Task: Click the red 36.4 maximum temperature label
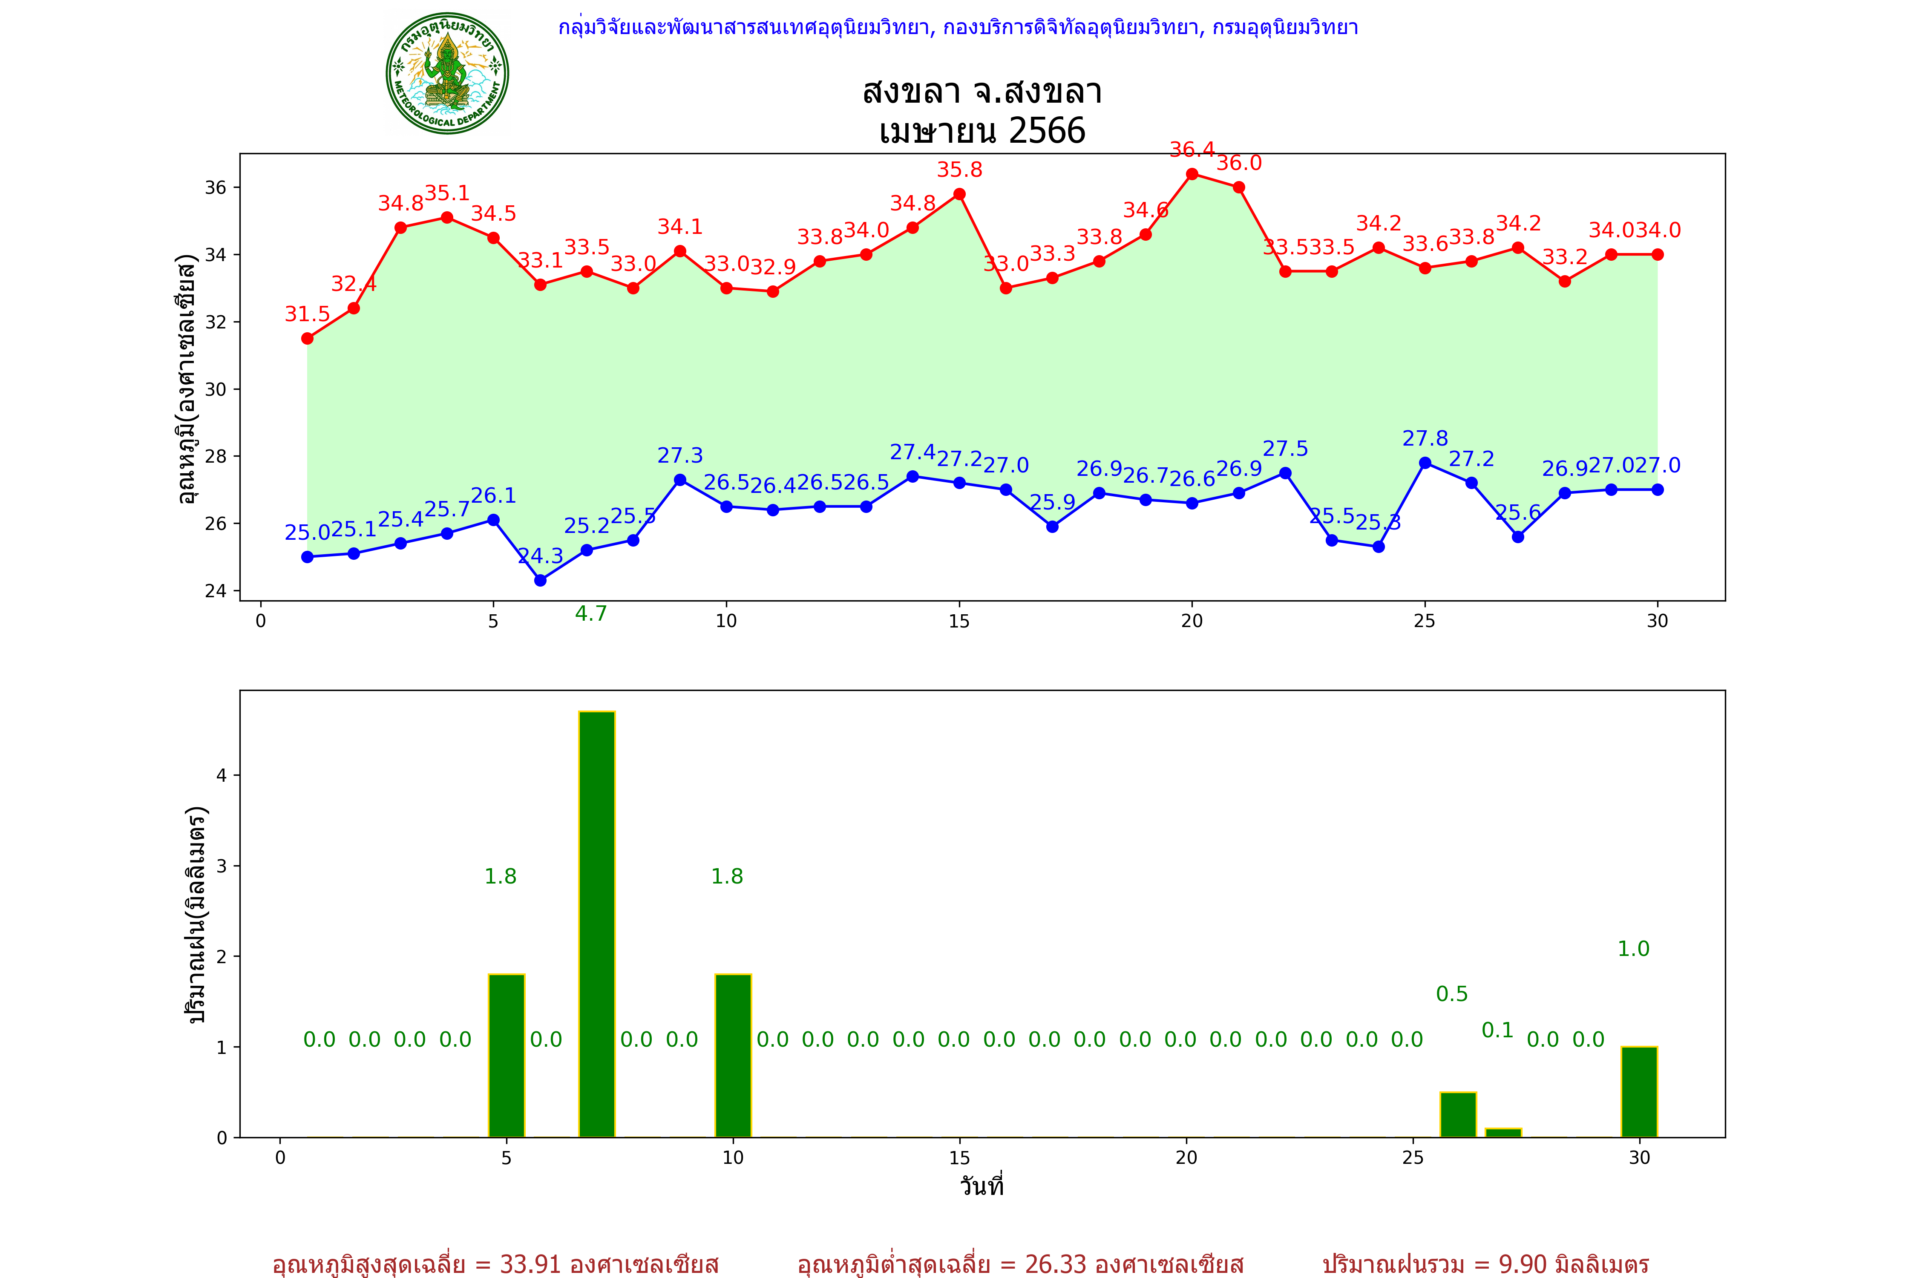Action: (x=1192, y=150)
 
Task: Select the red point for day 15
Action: (x=959, y=194)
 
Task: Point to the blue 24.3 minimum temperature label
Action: (x=540, y=557)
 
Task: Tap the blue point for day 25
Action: (x=1425, y=463)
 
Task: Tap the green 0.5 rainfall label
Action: (x=1452, y=994)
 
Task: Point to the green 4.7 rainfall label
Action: (x=591, y=614)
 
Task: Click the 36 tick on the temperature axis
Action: (x=215, y=187)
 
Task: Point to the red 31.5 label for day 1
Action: (x=307, y=315)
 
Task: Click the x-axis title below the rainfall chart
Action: (x=982, y=1186)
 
